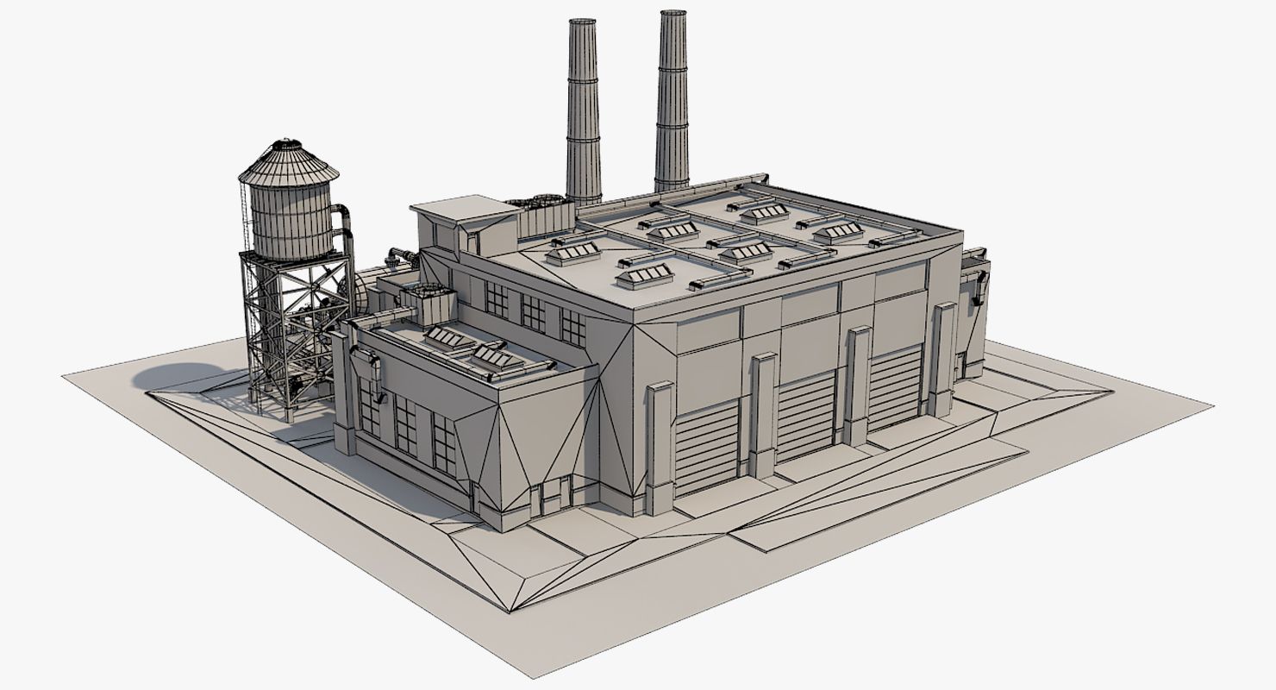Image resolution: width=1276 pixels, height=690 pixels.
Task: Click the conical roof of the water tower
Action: coord(288,163)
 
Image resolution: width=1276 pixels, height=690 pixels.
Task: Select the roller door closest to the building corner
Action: coord(706,448)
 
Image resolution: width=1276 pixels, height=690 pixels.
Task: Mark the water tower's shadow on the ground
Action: coord(185,377)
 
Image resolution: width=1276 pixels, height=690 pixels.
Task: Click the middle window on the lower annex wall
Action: coord(405,424)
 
